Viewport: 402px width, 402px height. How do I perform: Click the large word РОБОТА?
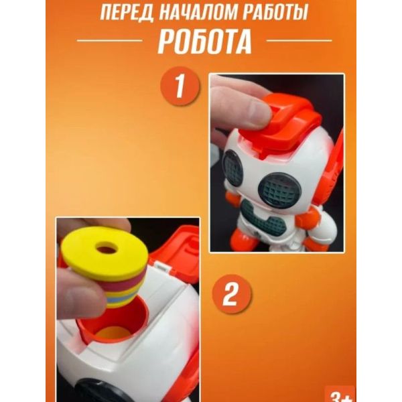pyautogui.click(x=204, y=42)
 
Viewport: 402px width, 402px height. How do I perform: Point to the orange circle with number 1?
pyautogui.click(x=180, y=86)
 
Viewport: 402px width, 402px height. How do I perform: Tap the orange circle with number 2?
pyautogui.click(x=232, y=294)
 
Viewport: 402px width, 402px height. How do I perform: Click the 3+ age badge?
pyautogui.click(x=340, y=395)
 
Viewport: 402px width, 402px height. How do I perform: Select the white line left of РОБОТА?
pyautogui.click(x=109, y=40)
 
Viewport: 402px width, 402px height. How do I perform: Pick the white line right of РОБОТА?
pyautogui.click(x=299, y=40)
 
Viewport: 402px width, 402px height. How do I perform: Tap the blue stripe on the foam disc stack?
pyautogui.click(x=116, y=299)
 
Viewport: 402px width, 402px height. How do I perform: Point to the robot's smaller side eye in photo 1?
pyautogui.click(x=232, y=167)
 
